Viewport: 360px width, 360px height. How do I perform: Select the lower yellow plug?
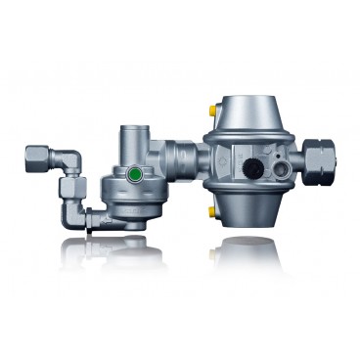point(211,210)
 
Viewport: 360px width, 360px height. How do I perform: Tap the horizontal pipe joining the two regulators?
point(183,157)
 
